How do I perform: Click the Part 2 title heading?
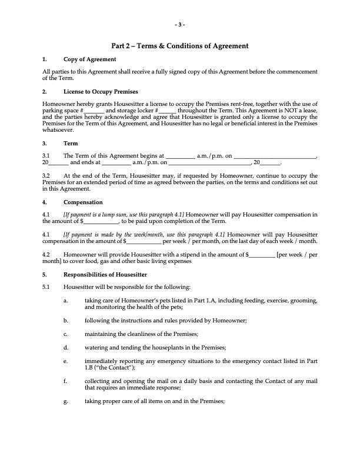coord(180,46)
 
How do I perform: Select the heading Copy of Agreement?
coord(89,59)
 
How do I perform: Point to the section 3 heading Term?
coord(69,143)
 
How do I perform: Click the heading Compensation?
coord(83,202)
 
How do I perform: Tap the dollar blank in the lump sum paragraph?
coord(101,221)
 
